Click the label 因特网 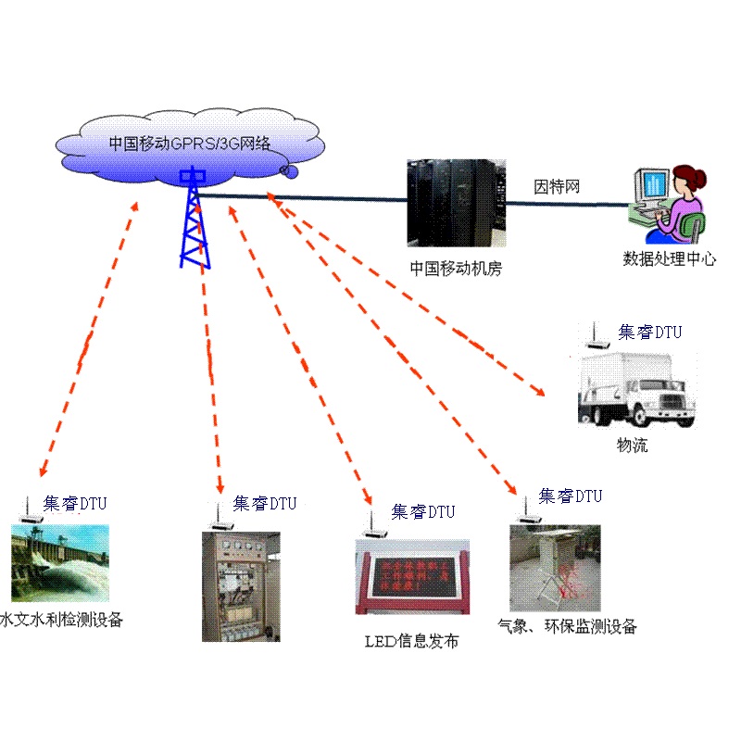pos(557,187)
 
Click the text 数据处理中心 pos(669,259)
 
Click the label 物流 pos(633,446)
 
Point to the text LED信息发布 pos(410,641)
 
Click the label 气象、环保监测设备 pos(567,627)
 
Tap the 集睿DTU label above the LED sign pos(423,511)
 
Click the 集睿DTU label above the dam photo pos(76,504)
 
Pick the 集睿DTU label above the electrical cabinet pos(265,503)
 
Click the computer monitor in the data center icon pos(652,189)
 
